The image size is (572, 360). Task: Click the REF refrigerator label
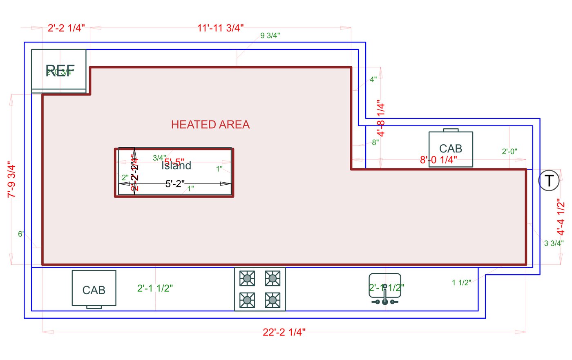pos(60,71)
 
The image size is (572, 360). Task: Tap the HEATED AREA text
pos(210,125)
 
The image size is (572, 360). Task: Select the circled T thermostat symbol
pos(549,181)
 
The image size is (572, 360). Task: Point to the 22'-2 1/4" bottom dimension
pos(284,332)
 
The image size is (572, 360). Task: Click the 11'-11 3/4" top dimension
pos(220,28)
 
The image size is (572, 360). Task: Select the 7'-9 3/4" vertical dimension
pos(11,180)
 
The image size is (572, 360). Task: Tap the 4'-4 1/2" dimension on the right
pos(561,217)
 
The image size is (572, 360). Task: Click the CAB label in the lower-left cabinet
pos(94,290)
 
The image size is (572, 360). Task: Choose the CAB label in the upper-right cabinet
pos(450,148)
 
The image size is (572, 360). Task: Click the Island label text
pos(177,166)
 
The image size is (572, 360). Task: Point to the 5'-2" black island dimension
pos(175,184)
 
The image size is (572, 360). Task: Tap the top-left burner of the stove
pos(247,279)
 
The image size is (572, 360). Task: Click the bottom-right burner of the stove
pos(272,300)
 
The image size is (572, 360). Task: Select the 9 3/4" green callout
pos(270,36)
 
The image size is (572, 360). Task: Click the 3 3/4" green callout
pos(554,243)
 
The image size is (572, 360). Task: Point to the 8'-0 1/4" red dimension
pos(438,160)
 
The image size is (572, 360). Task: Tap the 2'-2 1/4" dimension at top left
pos(66,28)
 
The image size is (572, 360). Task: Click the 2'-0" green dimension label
pos(509,152)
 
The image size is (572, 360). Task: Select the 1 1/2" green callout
pos(461,282)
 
